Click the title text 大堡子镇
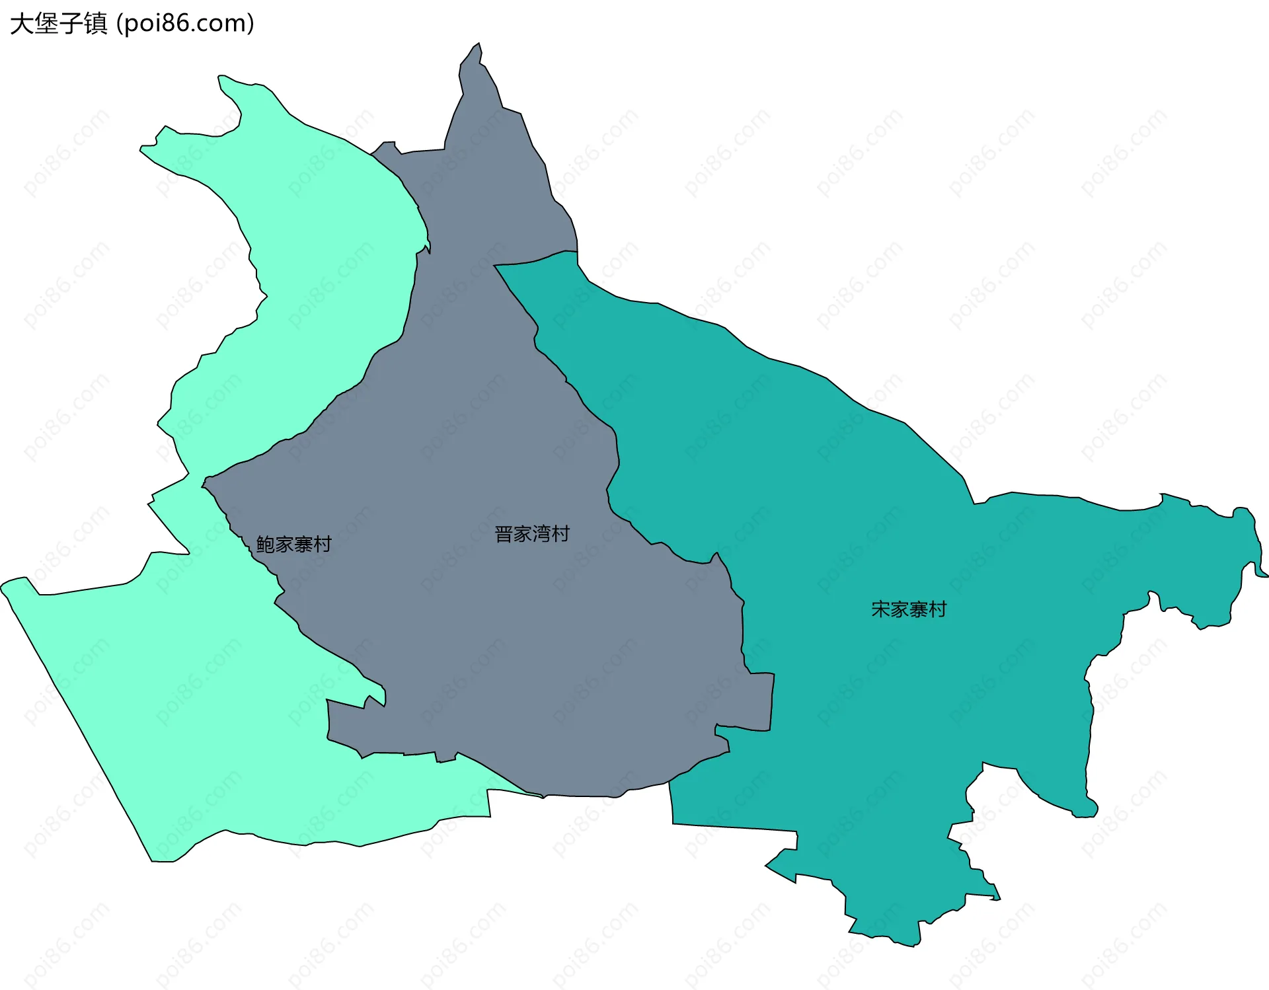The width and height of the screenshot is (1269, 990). (58, 24)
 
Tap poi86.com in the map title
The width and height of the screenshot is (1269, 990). (184, 24)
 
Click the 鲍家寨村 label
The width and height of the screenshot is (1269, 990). (293, 545)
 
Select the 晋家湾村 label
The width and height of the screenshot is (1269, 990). (532, 534)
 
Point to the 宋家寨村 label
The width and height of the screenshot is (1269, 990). (909, 609)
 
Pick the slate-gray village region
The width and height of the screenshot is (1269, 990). (496, 628)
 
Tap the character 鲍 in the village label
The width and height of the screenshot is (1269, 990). (266, 545)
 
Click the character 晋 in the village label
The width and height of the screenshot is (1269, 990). (504, 534)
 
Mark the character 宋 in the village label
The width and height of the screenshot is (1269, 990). (881, 609)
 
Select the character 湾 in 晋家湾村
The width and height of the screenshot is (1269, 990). (542, 534)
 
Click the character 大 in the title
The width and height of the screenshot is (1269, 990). (22, 24)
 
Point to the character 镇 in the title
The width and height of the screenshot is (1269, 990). (95, 24)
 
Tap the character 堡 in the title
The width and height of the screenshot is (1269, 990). (46, 24)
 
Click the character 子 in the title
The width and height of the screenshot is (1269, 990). (71, 24)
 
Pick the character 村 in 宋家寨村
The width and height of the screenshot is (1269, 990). (937, 609)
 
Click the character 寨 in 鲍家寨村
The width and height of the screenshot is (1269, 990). (303, 545)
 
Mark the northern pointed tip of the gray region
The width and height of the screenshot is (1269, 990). (479, 44)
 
